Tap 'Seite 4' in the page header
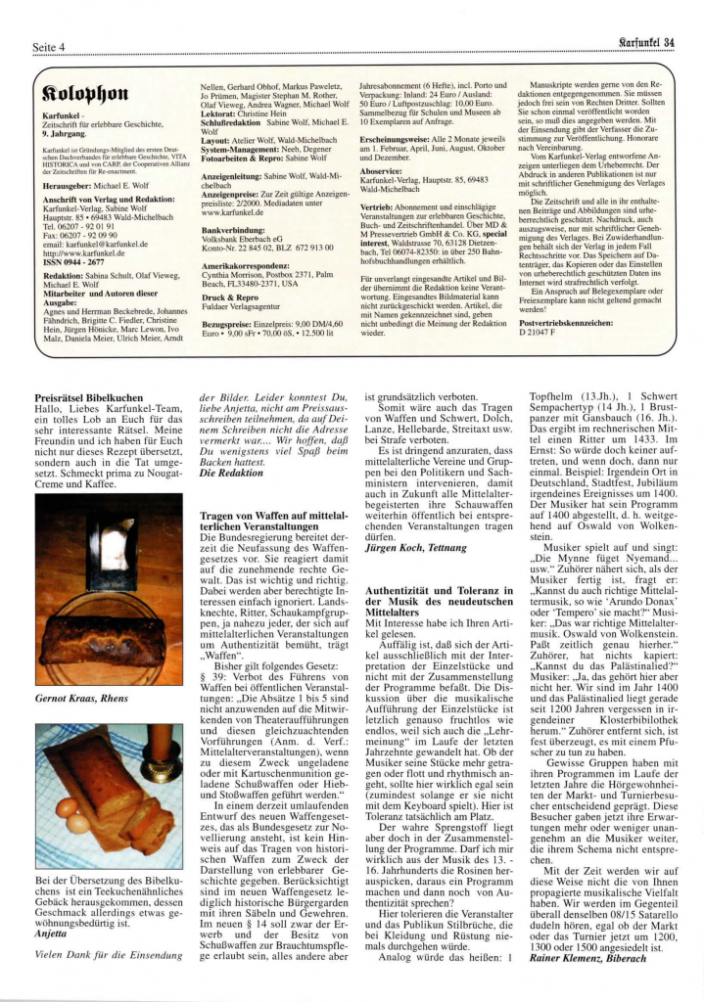pos(50,47)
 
